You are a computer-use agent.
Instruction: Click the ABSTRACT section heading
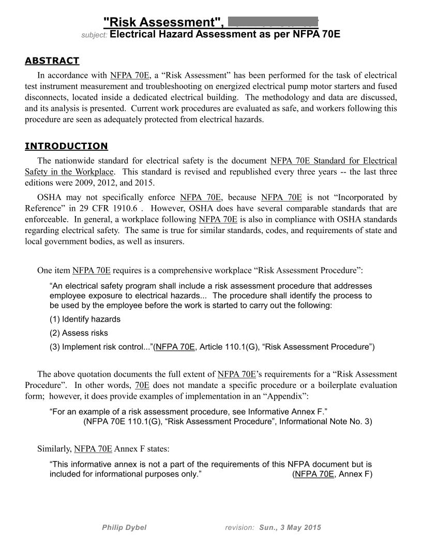coord(52,61)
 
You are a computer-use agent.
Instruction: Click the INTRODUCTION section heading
coord(66,146)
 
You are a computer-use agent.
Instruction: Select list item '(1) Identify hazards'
coord(85,319)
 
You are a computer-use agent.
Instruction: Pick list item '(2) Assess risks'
coord(79,333)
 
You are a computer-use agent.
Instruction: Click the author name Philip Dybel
coord(124,527)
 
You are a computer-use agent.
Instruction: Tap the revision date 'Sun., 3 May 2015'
coord(290,527)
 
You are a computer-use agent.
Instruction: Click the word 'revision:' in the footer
coord(239,527)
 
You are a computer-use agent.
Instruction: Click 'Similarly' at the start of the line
coord(54,449)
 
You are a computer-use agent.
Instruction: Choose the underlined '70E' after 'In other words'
coord(142,385)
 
